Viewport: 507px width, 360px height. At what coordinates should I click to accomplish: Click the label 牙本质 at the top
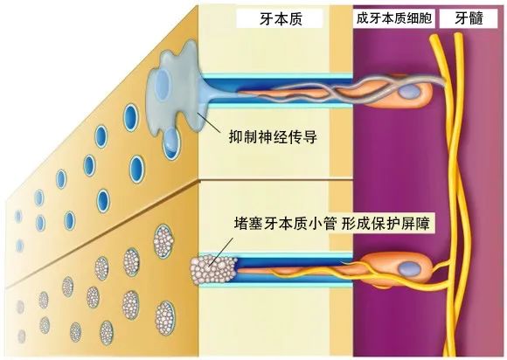pyautogui.click(x=281, y=18)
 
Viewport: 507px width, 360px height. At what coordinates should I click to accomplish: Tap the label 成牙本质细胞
pyautogui.click(x=394, y=18)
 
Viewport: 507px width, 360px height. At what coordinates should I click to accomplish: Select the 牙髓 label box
pyautogui.click(x=469, y=18)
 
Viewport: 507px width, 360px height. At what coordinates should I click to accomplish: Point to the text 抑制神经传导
pyautogui.click(x=273, y=137)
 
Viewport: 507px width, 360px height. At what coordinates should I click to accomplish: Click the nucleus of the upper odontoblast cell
pyautogui.click(x=409, y=93)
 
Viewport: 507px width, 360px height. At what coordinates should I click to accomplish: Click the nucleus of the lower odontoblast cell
pyautogui.click(x=409, y=268)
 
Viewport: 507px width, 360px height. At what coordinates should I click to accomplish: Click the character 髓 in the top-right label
pyautogui.click(x=476, y=18)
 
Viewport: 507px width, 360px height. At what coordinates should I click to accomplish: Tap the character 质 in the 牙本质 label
pyautogui.click(x=295, y=19)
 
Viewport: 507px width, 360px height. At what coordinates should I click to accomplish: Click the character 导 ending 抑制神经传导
pyautogui.click(x=309, y=137)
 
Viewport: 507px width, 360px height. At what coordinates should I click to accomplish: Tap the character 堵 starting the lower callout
pyautogui.click(x=242, y=224)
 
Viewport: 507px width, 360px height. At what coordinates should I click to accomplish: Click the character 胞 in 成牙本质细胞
pyautogui.click(x=425, y=18)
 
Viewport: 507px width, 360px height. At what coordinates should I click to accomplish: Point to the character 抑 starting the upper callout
pyautogui.click(x=236, y=137)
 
